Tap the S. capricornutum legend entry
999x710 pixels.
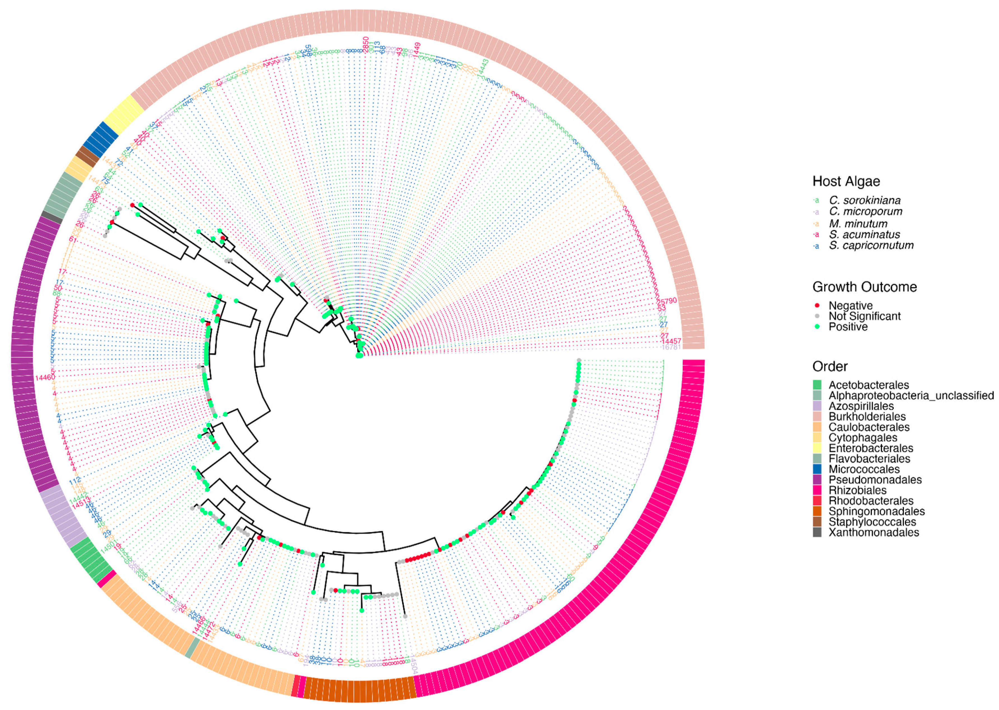871,245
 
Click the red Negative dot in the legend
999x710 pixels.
817,305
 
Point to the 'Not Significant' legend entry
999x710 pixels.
864,316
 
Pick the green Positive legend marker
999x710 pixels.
817,327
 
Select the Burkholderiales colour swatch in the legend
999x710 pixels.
817,417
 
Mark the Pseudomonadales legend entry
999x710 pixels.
875,480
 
